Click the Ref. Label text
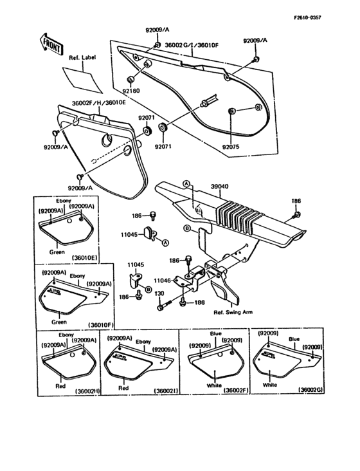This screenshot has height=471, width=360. (81, 58)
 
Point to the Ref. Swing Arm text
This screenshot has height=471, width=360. (233, 313)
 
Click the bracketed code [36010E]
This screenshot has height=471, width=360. (84, 257)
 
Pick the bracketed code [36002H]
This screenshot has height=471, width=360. (87, 391)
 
